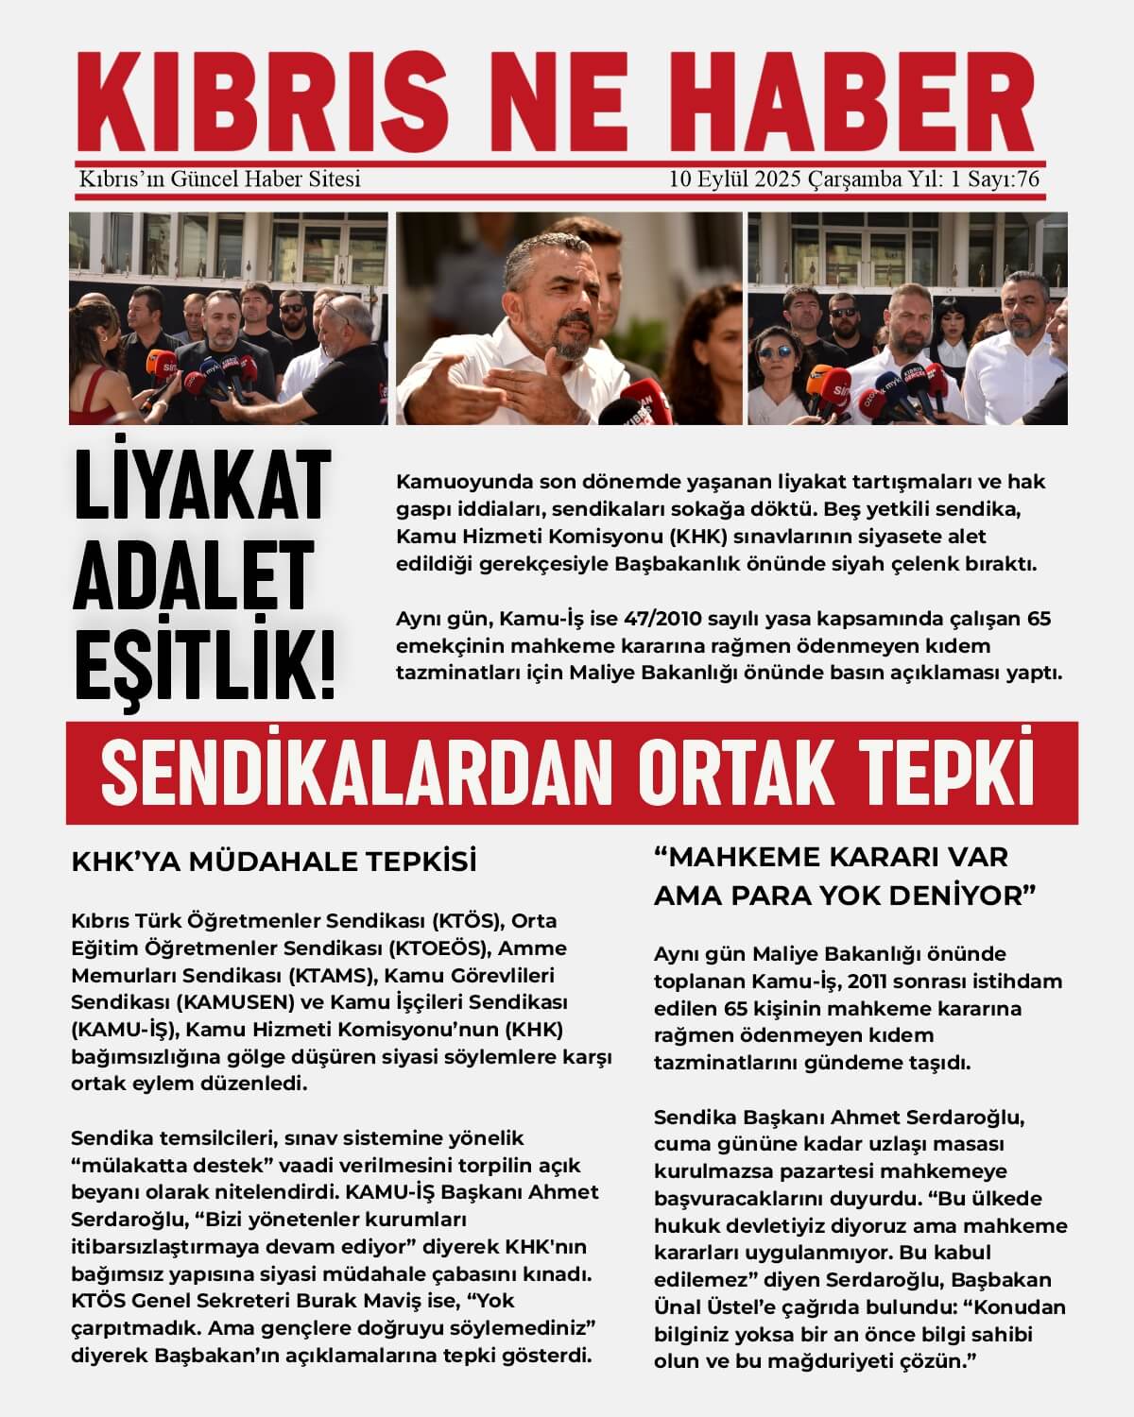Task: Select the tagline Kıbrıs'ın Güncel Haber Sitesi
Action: pos(220,179)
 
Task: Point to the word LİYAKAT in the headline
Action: pos(201,487)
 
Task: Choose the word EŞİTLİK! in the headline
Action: pos(204,659)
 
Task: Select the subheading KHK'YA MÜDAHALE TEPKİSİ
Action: pos(274,862)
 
